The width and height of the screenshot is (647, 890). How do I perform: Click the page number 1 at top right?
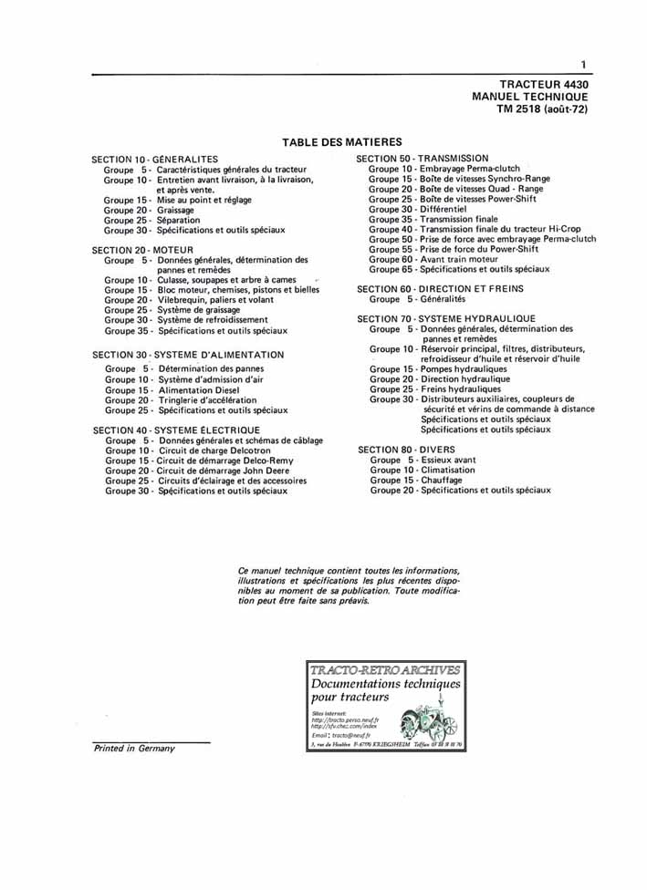pos(582,64)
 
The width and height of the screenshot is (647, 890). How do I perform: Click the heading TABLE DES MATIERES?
pos(342,142)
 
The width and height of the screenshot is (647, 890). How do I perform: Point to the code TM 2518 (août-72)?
pos(542,109)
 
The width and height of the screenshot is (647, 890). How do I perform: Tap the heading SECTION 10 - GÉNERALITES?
pos(155,160)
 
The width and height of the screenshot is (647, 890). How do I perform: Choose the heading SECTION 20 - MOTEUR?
pos(142,250)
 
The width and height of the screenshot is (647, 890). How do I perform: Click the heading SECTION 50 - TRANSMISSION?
pos(423,159)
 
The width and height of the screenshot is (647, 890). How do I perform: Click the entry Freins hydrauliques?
pos(460,389)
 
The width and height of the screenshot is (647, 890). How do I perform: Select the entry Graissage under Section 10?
pos(176,211)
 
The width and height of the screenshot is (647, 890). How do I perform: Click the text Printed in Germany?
pos(134,748)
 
